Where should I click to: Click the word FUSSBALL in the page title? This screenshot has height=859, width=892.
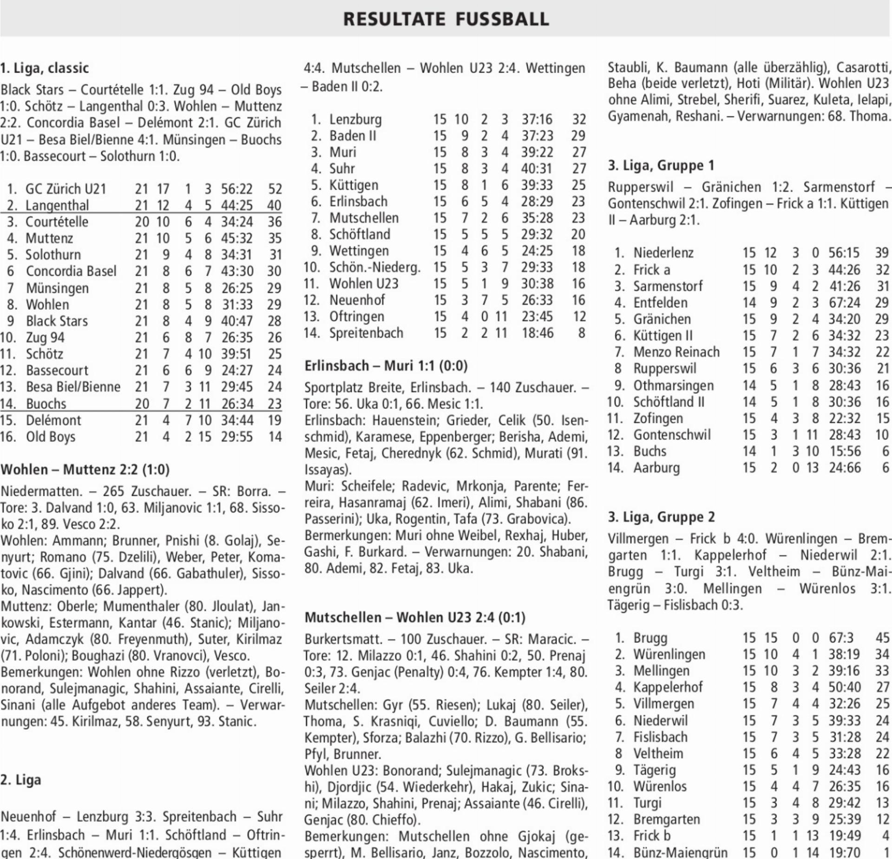(x=502, y=19)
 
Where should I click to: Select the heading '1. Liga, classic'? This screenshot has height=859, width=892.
(x=45, y=68)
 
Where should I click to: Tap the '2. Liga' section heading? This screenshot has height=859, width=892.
(x=21, y=780)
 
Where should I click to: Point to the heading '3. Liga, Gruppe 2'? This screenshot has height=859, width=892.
(x=661, y=517)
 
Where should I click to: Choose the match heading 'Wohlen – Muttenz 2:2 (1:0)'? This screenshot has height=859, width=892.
(x=85, y=469)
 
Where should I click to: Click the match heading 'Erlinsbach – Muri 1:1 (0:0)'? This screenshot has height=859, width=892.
(x=386, y=366)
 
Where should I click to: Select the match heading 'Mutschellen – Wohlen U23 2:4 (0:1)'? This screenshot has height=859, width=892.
(x=415, y=617)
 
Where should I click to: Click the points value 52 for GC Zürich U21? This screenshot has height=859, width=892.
(x=275, y=189)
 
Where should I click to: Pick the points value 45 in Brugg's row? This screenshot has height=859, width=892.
(x=882, y=638)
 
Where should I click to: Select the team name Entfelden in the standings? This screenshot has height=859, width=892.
(x=660, y=303)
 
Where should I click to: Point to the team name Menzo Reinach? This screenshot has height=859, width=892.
(x=676, y=352)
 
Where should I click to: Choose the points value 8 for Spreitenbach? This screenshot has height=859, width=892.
(x=581, y=333)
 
